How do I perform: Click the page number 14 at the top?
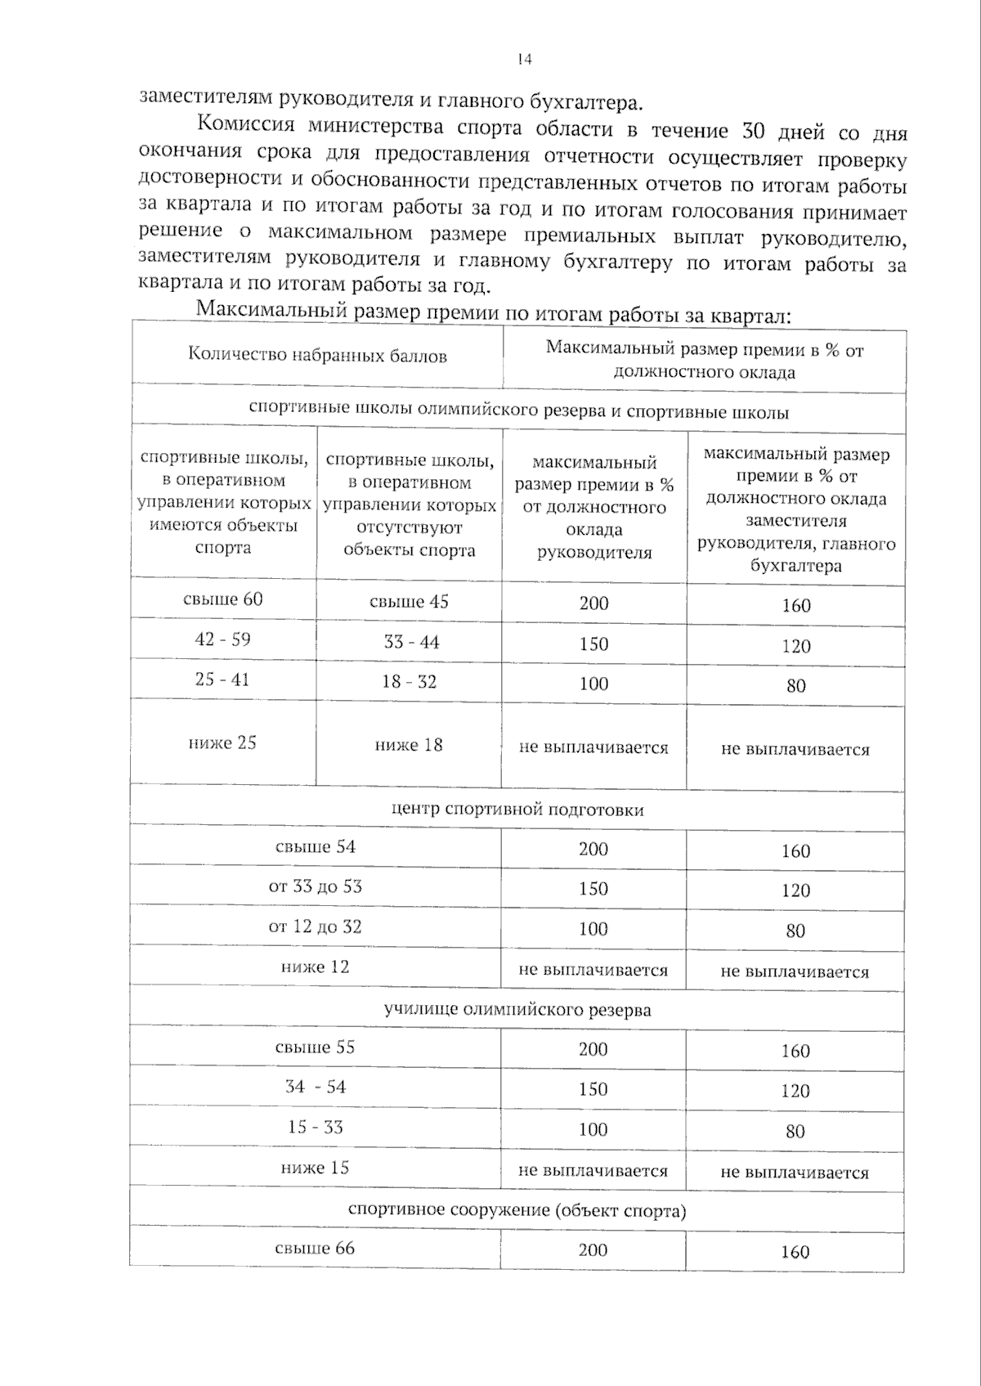[x=524, y=59]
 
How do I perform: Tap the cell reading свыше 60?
[x=222, y=599]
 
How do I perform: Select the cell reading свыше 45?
[x=409, y=602]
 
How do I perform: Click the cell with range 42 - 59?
[x=222, y=639]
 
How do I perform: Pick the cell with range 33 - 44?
[x=411, y=643]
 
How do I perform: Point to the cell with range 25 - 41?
[x=222, y=680]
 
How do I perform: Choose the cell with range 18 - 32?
[x=409, y=682]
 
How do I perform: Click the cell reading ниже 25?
[x=222, y=742]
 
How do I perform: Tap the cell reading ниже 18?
[x=409, y=745]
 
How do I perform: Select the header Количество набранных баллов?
[x=317, y=356]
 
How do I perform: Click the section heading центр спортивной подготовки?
[x=517, y=810]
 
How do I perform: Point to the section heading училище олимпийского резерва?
[x=517, y=1010]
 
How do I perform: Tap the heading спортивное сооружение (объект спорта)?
[x=517, y=1210]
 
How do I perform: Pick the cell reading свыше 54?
[x=316, y=847]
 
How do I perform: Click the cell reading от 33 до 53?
[x=316, y=887]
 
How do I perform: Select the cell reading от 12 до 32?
[x=316, y=927]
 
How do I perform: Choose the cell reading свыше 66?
[x=315, y=1249]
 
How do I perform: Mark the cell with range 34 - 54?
[x=316, y=1088]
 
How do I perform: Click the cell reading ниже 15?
[x=315, y=1168]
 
